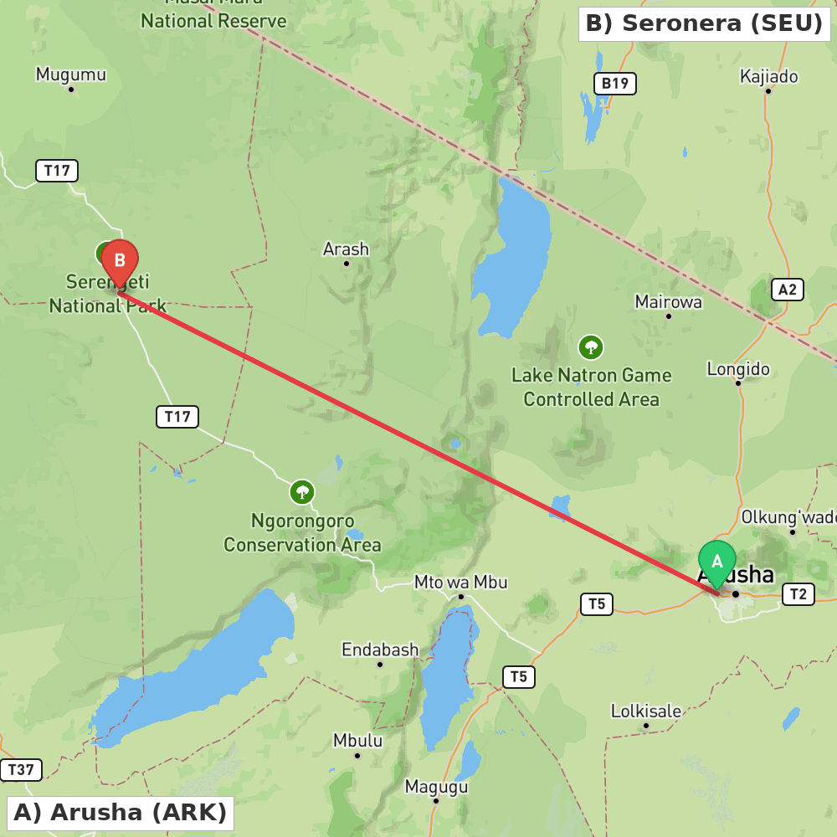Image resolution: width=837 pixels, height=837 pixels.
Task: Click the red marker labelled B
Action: tap(120, 261)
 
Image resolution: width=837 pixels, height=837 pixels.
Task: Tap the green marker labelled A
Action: tap(717, 562)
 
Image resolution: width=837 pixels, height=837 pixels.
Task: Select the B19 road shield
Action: tap(615, 83)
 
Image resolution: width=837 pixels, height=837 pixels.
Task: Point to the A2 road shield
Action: tap(788, 290)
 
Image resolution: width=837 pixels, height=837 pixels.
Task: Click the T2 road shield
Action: tap(798, 594)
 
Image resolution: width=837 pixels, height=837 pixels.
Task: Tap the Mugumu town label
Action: tap(71, 74)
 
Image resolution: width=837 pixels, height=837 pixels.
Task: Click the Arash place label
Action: tap(346, 249)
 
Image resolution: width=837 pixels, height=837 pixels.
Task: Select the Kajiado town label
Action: tap(768, 77)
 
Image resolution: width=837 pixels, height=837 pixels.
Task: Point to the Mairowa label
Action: tap(668, 301)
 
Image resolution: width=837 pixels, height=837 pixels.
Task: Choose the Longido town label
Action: tap(737, 369)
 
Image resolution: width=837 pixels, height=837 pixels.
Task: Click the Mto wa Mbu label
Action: tap(460, 583)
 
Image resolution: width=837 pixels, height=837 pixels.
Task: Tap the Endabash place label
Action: tap(379, 650)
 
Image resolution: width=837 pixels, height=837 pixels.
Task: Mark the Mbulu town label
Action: tap(357, 741)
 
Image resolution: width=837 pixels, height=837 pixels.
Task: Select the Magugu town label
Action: tap(436, 787)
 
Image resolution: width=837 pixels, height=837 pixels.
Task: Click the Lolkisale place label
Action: tap(645, 711)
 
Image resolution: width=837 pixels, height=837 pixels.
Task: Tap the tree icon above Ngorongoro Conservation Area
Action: tap(302, 492)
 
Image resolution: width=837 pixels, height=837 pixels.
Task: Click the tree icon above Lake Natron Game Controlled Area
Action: tap(591, 347)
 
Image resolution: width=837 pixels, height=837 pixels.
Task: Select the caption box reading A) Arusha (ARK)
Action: tap(121, 812)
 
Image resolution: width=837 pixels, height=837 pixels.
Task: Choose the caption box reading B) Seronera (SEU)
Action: tap(704, 23)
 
